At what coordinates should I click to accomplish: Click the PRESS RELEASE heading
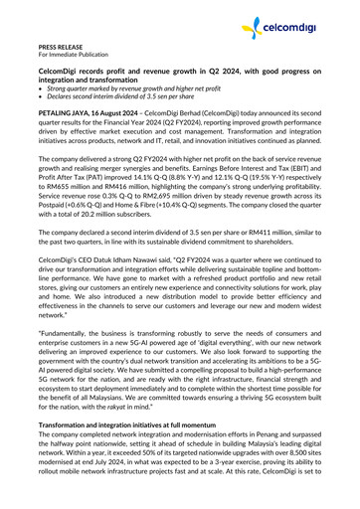click(x=63, y=47)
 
